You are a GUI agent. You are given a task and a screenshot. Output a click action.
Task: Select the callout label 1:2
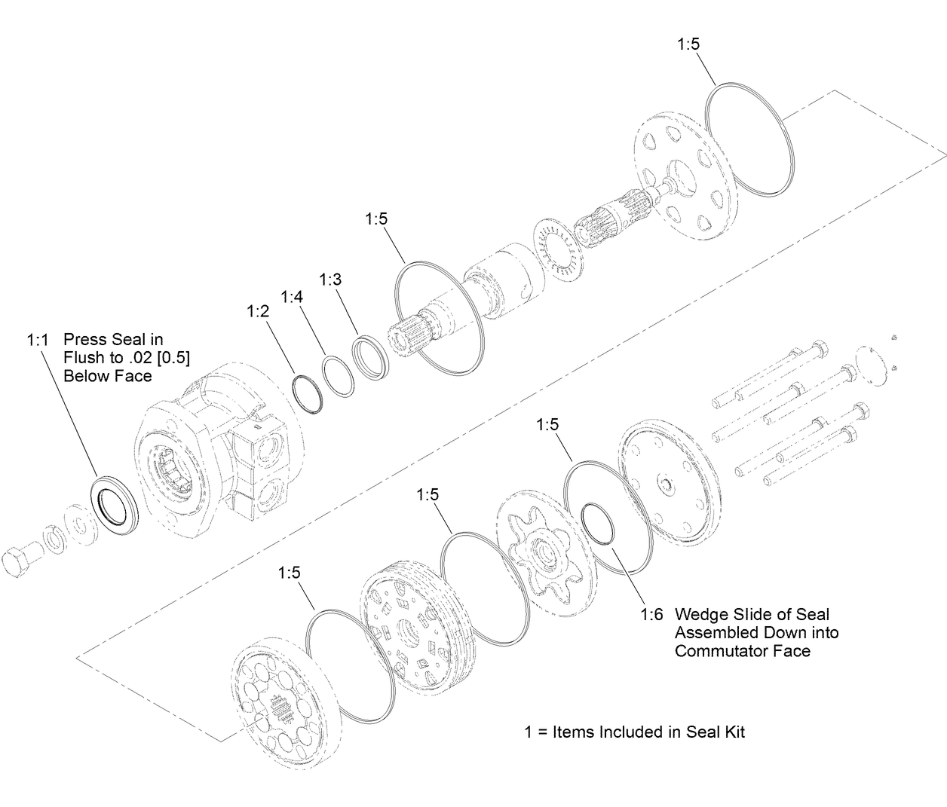click(x=257, y=311)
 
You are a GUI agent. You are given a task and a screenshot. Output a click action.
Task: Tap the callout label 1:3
click(x=330, y=280)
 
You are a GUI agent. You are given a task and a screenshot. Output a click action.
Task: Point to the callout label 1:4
click(x=292, y=297)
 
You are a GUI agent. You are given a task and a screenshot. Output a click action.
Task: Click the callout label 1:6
click(x=651, y=615)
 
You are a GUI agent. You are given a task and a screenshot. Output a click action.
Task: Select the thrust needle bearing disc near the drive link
click(x=559, y=250)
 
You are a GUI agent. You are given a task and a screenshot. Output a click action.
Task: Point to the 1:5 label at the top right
click(x=688, y=44)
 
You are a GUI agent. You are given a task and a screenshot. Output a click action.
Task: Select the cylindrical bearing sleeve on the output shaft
click(x=501, y=283)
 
